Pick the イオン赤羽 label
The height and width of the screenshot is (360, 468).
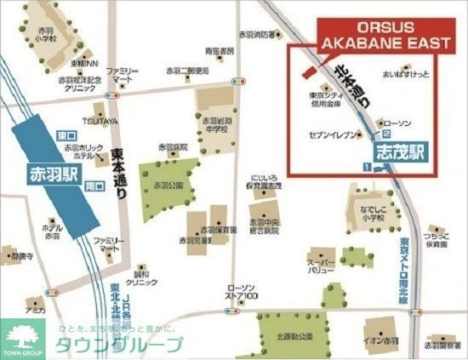point(380,341)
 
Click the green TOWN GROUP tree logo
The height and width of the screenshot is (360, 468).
point(24,334)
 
